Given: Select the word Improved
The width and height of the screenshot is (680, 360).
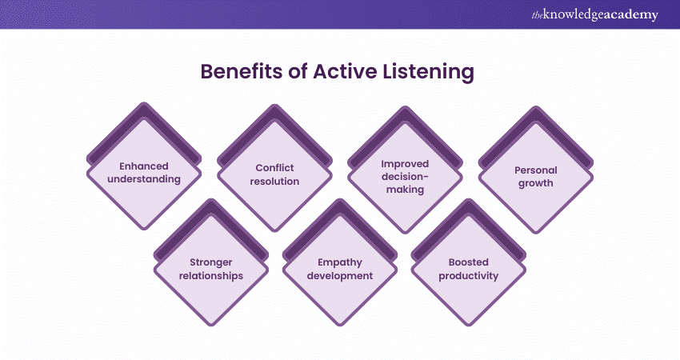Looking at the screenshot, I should click(x=406, y=162).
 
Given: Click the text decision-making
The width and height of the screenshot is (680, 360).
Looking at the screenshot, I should click(x=406, y=182).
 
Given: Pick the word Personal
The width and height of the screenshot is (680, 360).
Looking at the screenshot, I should click(x=537, y=170).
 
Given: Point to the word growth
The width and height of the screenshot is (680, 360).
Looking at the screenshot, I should click(x=537, y=182).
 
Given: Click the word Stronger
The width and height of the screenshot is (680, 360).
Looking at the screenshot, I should click(x=210, y=262).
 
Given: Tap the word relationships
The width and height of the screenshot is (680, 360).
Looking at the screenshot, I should click(x=210, y=275).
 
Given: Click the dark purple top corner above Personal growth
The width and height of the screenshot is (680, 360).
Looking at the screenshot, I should click(x=537, y=109).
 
